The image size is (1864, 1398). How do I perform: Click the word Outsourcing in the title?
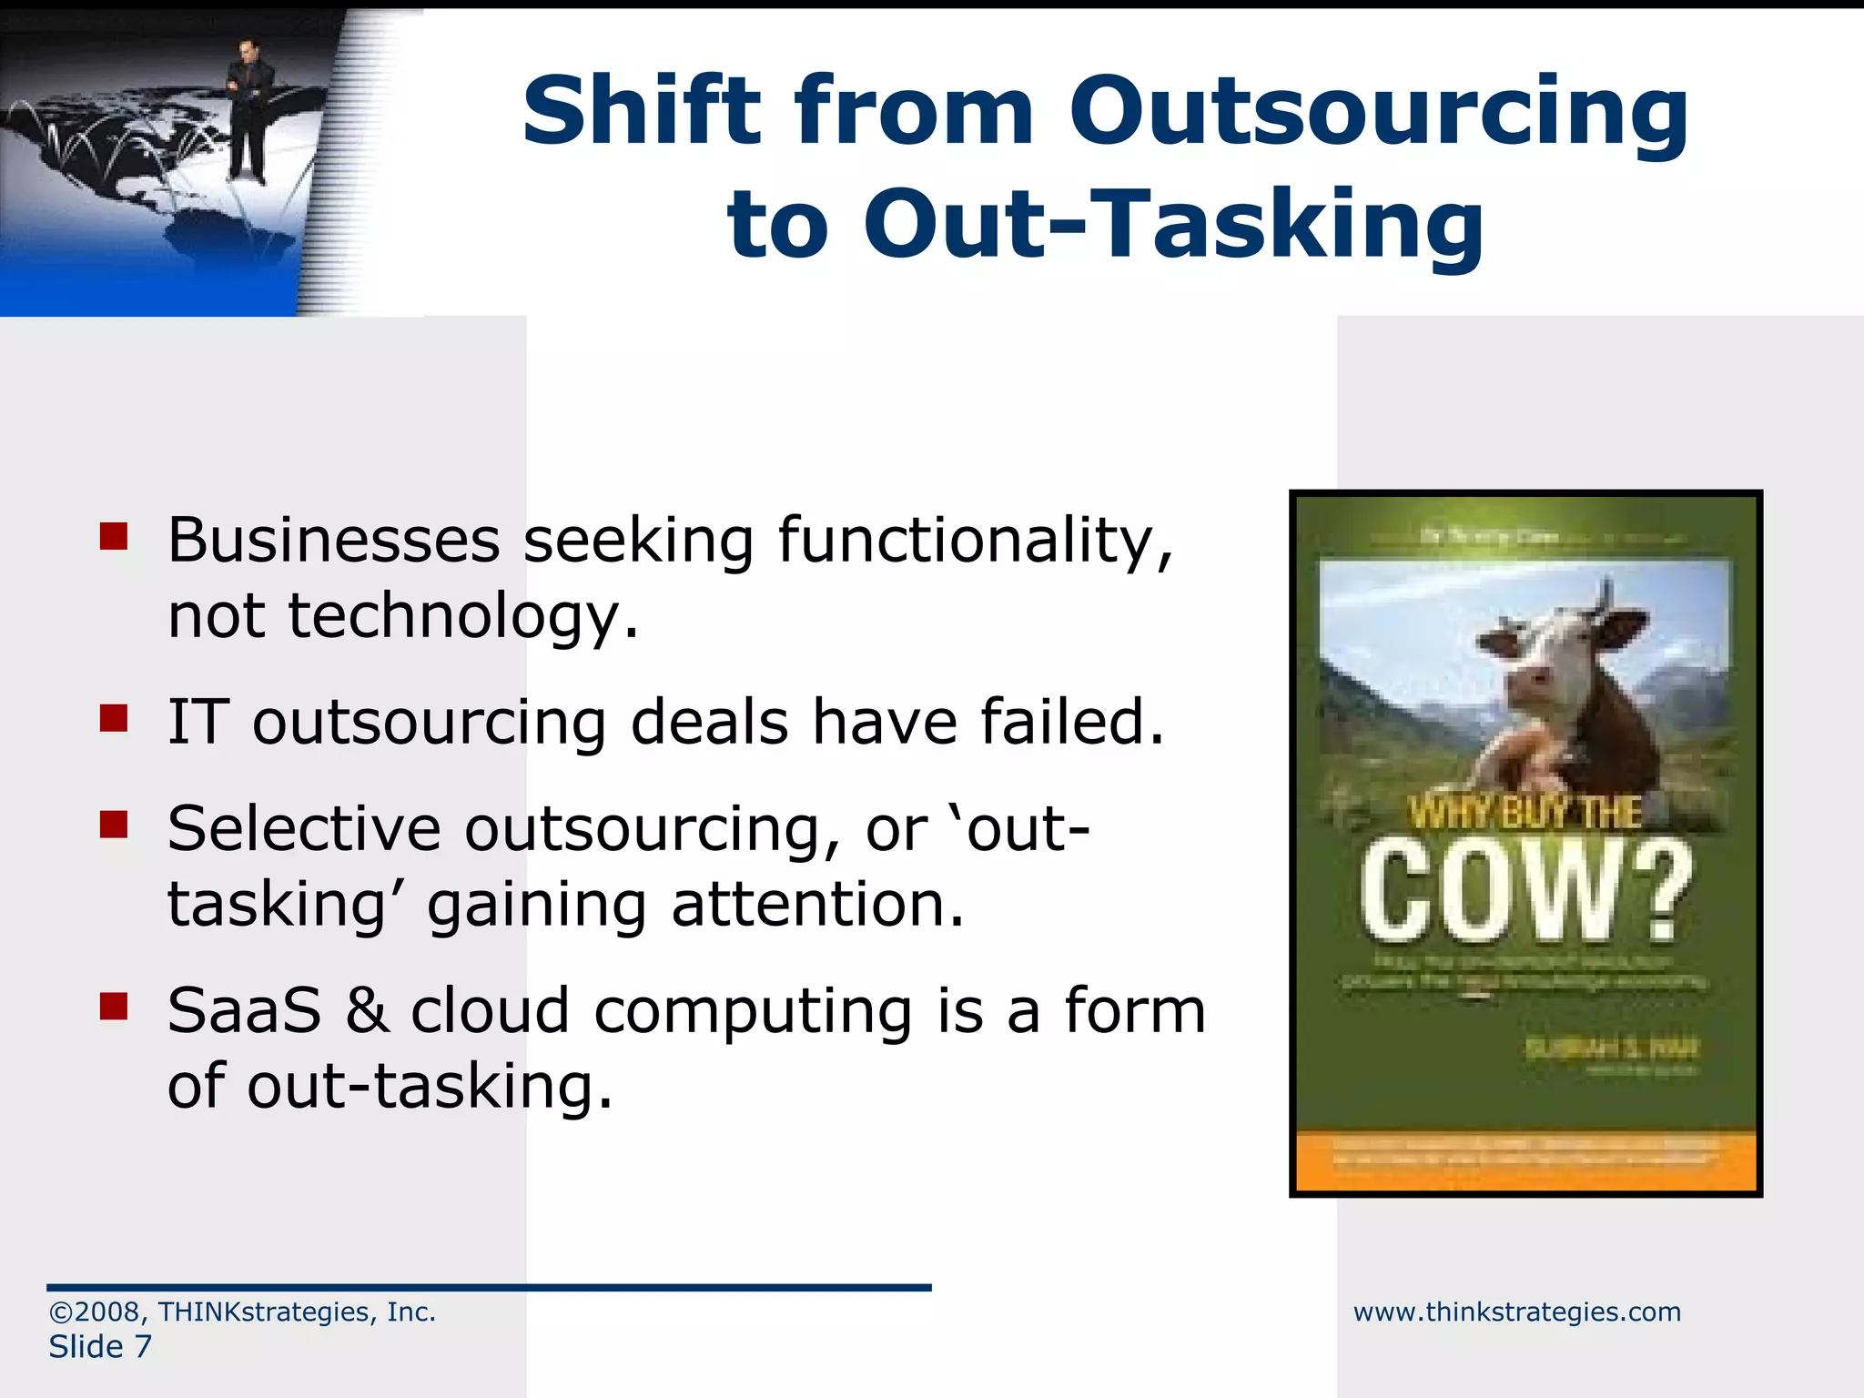click(1378, 113)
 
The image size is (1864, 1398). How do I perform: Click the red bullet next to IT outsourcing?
click(114, 718)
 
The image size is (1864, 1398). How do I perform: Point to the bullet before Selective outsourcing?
click(114, 825)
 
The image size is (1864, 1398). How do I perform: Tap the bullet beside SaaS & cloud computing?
click(114, 1006)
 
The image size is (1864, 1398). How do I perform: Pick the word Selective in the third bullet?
click(304, 829)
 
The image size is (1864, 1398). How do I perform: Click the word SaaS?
click(244, 1011)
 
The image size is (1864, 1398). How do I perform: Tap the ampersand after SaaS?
click(367, 1011)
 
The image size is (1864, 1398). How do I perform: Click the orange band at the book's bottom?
click(1525, 1160)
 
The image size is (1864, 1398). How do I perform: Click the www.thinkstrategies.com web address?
click(1516, 1312)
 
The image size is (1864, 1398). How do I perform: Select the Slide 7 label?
click(100, 1347)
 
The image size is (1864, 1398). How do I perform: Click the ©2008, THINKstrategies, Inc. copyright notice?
click(242, 1312)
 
